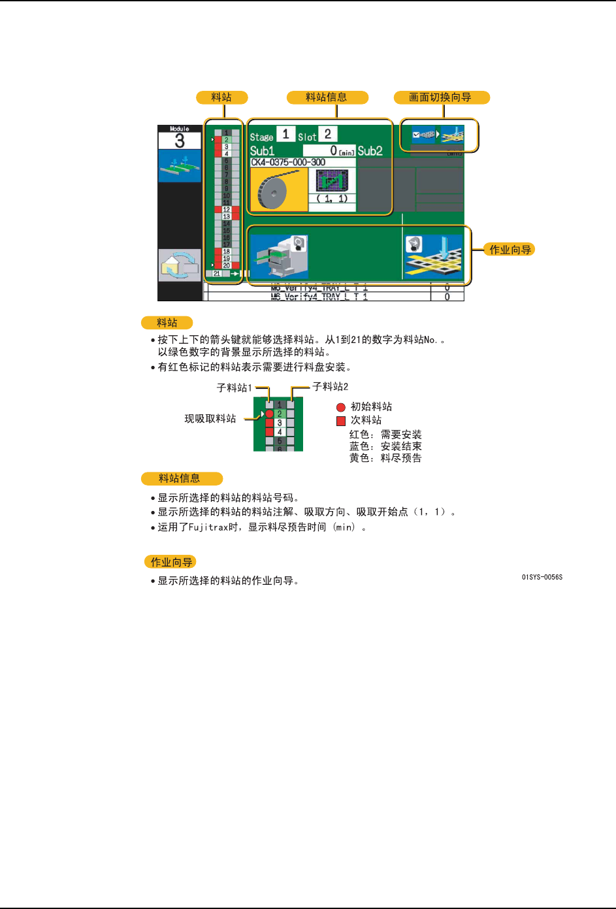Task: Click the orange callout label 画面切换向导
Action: coord(441,97)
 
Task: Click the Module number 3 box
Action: coord(180,140)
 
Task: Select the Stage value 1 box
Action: coord(285,134)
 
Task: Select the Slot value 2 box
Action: coord(328,134)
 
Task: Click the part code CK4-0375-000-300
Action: coord(288,162)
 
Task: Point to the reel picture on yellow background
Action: coord(279,190)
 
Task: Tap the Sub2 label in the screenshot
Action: coord(370,151)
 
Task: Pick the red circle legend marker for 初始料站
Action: coord(340,407)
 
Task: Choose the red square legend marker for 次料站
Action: coord(340,421)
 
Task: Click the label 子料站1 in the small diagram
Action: coord(234,388)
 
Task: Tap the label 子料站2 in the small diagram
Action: coord(331,387)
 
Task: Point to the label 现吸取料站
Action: coord(210,418)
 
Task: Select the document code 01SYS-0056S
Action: coord(542,577)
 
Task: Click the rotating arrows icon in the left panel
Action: coord(180,265)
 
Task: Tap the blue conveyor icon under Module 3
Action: coord(180,166)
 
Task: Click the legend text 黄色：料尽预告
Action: coord(385,458)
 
